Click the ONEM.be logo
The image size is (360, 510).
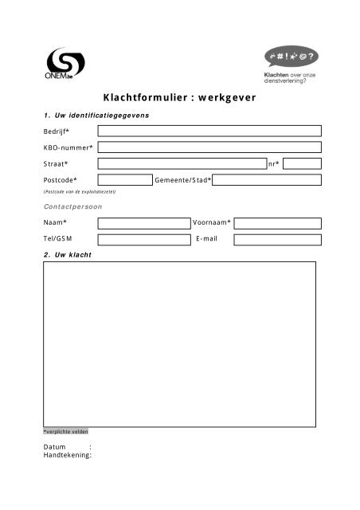pos(61,65)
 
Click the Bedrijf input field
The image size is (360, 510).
pos(209,131)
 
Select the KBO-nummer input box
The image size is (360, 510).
pos(209,147)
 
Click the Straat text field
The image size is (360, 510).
pos(182,163)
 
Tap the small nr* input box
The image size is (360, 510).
pos(302,163)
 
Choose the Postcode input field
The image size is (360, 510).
pos(124,180)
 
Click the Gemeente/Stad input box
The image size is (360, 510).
pos(267,180)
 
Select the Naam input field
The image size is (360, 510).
pos(143,222)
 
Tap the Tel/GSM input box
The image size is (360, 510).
pos(143,238)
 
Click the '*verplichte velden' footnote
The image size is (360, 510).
pos(66,431)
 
